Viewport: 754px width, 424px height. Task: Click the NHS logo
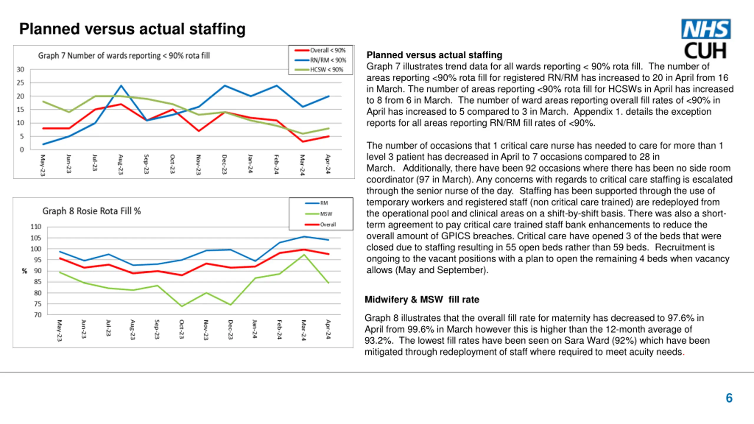click(x=706, y=29)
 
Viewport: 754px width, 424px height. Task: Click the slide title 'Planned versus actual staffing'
click(x=132, y=29)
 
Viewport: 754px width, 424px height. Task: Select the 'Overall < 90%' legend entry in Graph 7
click(x=320, y=50)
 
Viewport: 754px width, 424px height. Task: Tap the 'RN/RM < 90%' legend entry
click(x=321, y=60)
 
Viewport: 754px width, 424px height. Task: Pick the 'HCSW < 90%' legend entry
click(x=319, y=70)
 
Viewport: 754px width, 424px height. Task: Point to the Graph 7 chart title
click(x=124, y=56)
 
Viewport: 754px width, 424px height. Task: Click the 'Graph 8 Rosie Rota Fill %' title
click(x=92, y=211)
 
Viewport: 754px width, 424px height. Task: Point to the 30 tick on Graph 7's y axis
click(x=20, y=69)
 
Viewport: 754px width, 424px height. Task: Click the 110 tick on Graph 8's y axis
click(x=36, y=227)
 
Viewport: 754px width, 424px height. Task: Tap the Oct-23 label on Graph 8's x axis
click(x=182, y=329)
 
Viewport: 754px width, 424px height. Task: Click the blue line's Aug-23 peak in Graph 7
click(x=121, y=86)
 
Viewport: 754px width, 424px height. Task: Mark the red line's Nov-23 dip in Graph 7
click(x=199, y=131)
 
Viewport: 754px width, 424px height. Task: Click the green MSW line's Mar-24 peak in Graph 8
click(x=304, y=255)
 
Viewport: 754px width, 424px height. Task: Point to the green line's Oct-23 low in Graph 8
click(x=182, y=306)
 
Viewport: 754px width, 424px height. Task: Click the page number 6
click(x=729, y=398)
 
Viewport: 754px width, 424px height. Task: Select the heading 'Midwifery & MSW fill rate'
click(x=422, y=299)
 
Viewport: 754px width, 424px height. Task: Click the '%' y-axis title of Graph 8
click(x=24, y=271)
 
